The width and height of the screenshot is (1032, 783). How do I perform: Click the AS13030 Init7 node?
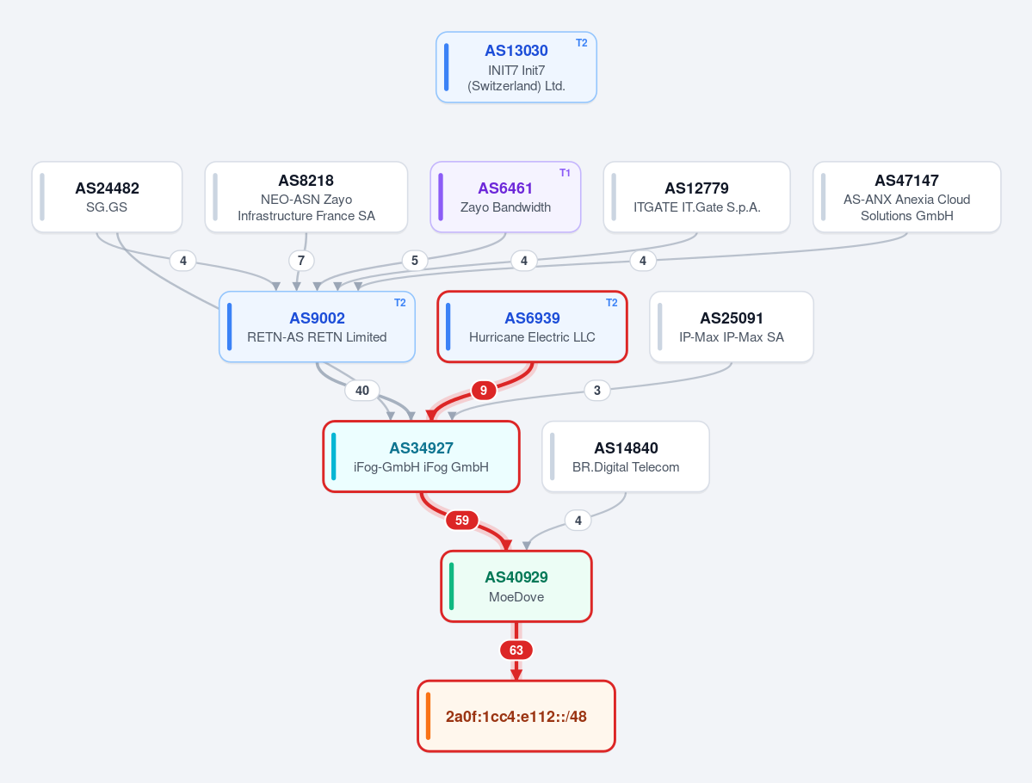pos(516,67)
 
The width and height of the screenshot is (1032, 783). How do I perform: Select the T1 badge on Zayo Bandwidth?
pos(565,173)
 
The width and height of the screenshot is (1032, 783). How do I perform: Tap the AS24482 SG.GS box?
pos(107,197)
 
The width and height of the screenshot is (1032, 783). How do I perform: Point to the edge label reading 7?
pos(300,261)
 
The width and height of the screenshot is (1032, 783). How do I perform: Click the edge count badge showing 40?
pos(362,390)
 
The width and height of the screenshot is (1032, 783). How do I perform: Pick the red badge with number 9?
pos(483,390)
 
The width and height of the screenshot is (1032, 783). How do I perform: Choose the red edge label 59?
pos(462,521)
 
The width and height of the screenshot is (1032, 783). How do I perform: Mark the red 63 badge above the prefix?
pos(516,650)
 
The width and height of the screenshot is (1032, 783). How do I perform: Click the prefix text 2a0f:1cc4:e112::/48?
pos(516,717)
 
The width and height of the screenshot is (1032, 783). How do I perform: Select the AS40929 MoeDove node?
pos(516,586)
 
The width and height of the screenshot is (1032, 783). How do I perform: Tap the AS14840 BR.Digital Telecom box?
pos(625,457)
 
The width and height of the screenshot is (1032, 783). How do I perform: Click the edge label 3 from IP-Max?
pos(597,390)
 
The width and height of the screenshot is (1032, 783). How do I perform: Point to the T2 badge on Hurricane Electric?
pos(611,303)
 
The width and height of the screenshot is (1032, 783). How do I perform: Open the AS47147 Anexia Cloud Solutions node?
pos(907,197)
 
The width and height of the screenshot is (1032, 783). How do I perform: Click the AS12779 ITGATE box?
pos(696,197)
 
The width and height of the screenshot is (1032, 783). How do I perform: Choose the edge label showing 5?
pos(415,261)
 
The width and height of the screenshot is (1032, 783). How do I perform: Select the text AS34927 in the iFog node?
pos(421,448)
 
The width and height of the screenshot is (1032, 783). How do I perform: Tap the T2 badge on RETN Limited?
pos(399,303)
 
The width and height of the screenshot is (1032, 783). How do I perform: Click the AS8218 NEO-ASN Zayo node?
pos(306,197)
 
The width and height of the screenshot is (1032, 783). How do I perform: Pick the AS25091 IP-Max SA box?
pos(732,327)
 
